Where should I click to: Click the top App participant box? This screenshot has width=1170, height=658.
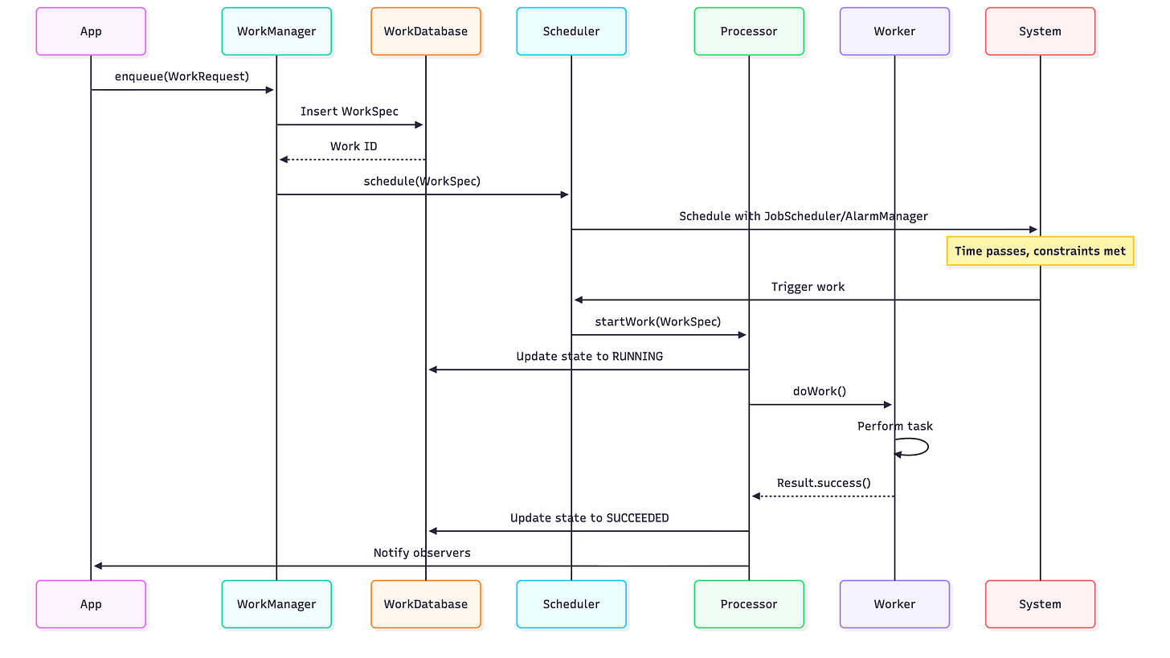(91, 31)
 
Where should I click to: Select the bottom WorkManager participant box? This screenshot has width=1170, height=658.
(276, 603)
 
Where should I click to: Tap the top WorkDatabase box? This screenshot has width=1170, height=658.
(425, 31)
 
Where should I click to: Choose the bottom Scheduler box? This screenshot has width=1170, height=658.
(571, 603)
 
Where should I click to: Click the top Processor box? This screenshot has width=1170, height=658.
(748, 31)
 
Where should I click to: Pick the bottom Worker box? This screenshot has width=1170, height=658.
(894, 603)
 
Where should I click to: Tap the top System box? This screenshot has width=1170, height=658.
(1040, 31)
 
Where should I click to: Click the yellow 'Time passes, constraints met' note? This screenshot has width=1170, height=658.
(1040, 251)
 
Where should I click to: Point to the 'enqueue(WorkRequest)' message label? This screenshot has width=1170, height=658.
(182, 76)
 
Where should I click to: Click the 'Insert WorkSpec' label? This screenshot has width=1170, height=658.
(350, 111)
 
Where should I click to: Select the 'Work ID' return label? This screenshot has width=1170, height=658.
(354, 146)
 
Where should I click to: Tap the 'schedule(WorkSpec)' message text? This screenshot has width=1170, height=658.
(422, 181)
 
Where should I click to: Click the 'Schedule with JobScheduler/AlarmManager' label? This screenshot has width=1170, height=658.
(804, 216)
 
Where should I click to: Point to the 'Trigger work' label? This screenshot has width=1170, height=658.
(808, 287)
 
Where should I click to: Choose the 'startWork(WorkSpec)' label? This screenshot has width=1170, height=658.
(658, 321)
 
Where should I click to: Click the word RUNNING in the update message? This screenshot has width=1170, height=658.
(637, 356)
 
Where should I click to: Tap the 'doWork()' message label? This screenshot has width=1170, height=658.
(820, 391)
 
